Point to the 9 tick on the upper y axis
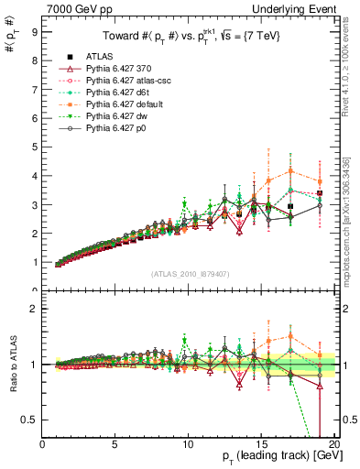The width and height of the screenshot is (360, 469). [34, 30]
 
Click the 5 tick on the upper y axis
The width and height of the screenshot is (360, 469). [34, 147]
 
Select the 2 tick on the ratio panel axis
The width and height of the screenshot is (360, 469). [34, 309]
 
